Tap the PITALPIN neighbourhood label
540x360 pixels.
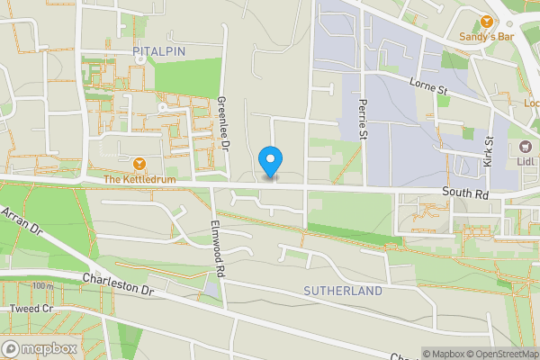[x=158, y=51]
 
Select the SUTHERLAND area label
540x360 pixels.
[x=343, y=292]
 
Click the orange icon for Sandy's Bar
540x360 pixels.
[x=487, y=21]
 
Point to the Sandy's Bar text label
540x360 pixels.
[x=486, y=37]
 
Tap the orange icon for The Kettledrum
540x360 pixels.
[x=139, y=164]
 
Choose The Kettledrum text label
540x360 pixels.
[x=137, y=180]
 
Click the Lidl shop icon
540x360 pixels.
[x=520, y=147]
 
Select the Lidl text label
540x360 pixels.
[x=528, y=162]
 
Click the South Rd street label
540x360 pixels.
[x=465, y=193]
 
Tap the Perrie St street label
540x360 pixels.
[x=364, y=119]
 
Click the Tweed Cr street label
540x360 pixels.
[x=32, y=309]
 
